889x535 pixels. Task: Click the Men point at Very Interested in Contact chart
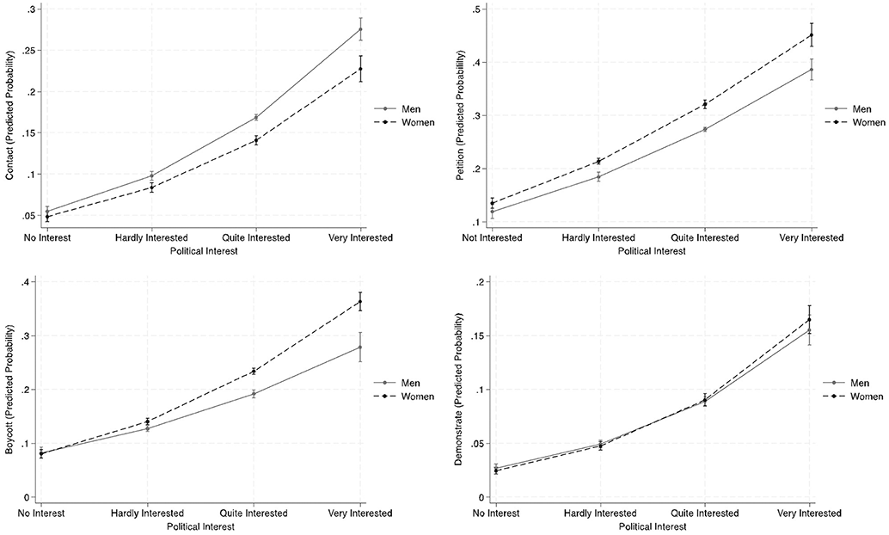[360, 29]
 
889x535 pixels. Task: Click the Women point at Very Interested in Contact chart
[360, 69]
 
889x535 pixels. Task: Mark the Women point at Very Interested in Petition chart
[810, 35]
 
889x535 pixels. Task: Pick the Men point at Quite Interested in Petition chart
[704, 129]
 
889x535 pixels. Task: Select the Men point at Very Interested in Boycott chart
[360, 347]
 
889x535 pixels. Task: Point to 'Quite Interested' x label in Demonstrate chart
[704, 513]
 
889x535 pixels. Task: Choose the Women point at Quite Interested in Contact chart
[254, 140]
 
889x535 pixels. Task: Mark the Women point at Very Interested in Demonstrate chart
[810, 320]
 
